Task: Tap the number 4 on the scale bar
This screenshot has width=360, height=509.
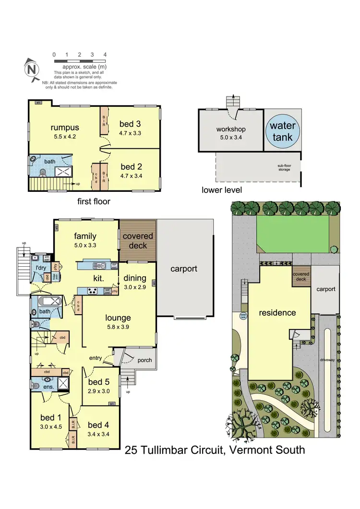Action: click(x=105, y=55)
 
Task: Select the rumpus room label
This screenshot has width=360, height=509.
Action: click(x=65, y=128)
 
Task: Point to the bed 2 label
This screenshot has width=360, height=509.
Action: click(x=131, y=167)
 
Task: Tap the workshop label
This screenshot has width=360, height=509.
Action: click(x=231, y=129)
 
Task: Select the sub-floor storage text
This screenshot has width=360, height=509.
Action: click(x=283, y=168)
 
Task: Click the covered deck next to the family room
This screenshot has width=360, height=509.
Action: click(x=138, y=240)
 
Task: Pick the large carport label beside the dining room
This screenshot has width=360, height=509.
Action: click(x=184, y=269)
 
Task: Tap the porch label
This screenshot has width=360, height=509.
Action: click(x=144, y=360)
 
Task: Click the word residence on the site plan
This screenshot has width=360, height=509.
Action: click(x=277, y=313)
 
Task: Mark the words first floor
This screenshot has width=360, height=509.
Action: click(x=94, y=201)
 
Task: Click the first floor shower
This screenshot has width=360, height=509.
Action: click(x=62, y=172)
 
